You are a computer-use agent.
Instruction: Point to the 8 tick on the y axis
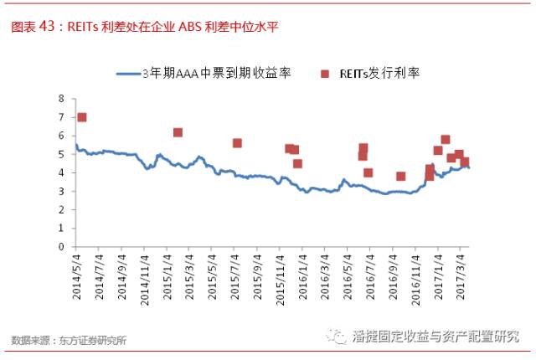click(62, 98)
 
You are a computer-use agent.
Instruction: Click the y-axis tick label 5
click(62, 154)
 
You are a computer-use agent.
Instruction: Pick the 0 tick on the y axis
click(62, 247)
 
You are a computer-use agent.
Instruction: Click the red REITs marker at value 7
click(81, 117)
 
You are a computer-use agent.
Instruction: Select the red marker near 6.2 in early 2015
click(178, 132)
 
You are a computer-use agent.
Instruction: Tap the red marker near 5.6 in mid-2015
click(237, 143)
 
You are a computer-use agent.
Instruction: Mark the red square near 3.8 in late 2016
click(400, 176)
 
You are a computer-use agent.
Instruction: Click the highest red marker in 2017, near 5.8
click(445, 140)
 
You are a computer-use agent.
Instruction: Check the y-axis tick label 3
click(62, 191)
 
